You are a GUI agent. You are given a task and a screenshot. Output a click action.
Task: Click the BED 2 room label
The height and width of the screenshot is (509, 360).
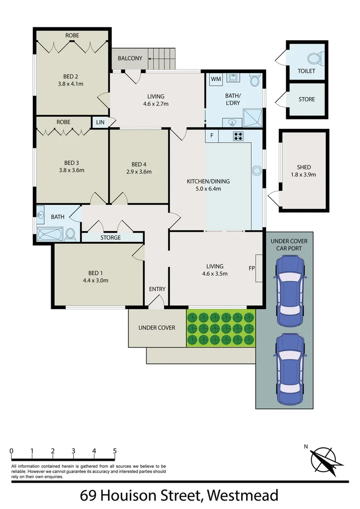[x=70, y=77]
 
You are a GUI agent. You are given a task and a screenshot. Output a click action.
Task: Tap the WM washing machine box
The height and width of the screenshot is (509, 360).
[x=216, y=79]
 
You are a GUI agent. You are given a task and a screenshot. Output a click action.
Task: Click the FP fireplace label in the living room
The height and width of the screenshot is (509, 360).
[x=252, y=268]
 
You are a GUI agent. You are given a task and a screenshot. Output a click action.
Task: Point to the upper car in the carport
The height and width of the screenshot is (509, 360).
[x=289, y=285]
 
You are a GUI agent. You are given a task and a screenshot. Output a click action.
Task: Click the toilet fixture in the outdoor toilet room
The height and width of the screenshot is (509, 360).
[x=314, y=59]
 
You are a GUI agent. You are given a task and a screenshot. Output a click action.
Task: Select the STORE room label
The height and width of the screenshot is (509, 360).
[x=306, y=99]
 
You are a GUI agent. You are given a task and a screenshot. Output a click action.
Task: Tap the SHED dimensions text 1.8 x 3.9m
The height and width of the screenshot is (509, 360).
[x=303, y=174]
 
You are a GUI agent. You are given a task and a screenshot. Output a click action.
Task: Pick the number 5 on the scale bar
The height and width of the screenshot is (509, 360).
[x=115, y=451]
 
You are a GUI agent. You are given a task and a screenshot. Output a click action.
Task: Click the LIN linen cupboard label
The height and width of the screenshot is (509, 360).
[x=99, y=122]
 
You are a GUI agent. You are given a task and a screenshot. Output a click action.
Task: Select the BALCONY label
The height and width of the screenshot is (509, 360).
[x=130, y=58]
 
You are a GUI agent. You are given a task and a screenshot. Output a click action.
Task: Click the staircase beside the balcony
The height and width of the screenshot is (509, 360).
[x=163, y=59]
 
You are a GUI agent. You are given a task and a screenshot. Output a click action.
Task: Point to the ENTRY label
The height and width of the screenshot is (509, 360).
[x=157, y=289]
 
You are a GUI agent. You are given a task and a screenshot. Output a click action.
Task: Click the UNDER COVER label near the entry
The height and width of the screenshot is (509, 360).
[x=157, y=328]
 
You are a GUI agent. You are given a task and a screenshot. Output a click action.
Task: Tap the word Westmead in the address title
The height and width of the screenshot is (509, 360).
[x=242, y=496]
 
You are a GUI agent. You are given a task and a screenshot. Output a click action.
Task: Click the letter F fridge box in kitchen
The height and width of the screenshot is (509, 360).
[x=212, y=135]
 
